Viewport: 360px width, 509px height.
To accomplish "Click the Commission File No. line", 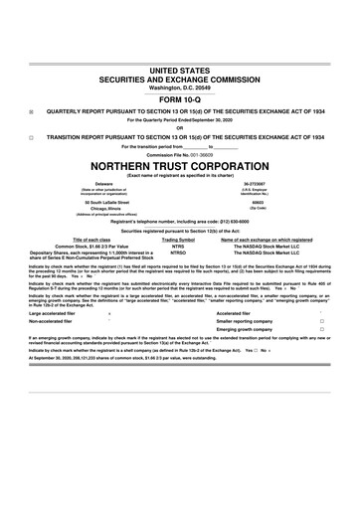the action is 179,153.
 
